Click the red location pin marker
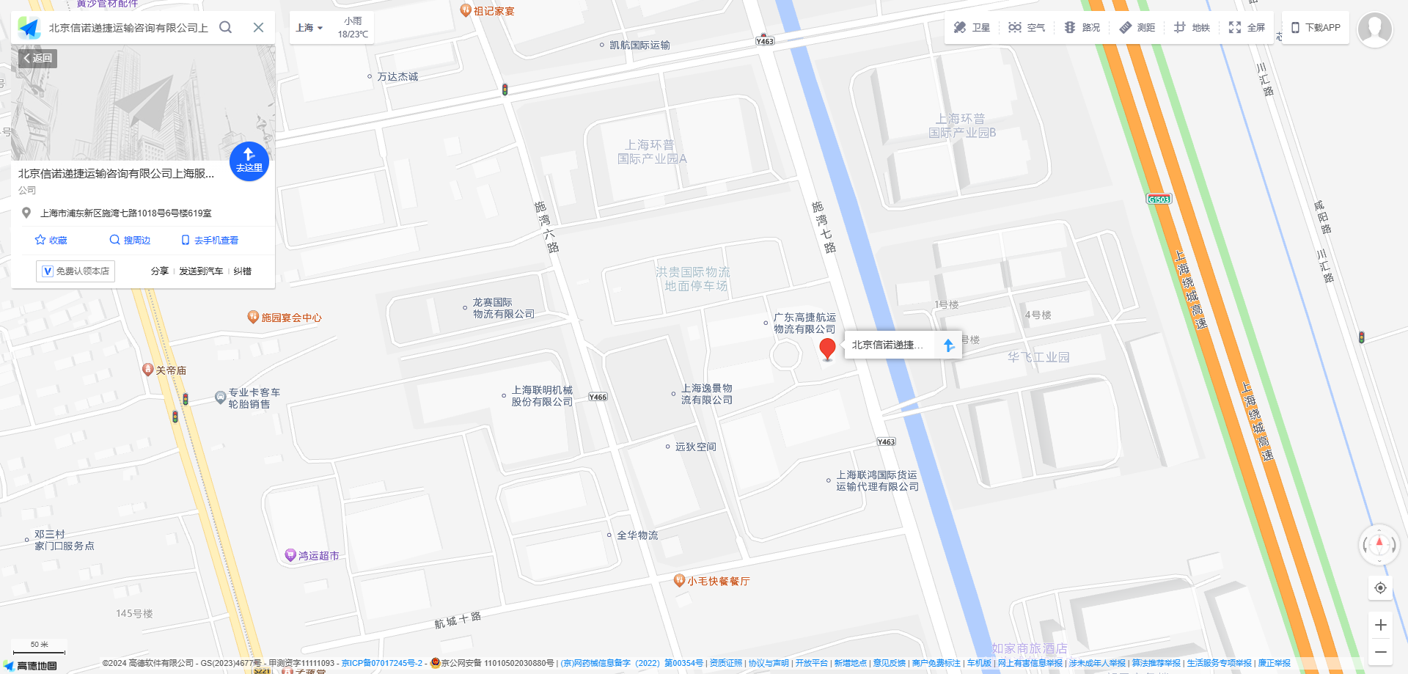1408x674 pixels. click(827, 348)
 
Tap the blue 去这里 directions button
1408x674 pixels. click(249, 161)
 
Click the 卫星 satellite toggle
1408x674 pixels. click(972, 28)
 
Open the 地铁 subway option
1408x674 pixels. click(1192, 28)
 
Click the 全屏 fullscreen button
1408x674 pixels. click(1247, 28)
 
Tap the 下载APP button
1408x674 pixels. click(1316, 28)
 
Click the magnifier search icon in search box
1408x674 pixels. click(226, 28)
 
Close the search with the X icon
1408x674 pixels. click(258, 28)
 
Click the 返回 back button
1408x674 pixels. click(38, 59)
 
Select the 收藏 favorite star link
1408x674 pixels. click(51, 241)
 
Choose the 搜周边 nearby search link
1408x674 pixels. click(130, 241)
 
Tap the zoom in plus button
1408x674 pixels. click(1380, 625)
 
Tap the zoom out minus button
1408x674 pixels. click(1380, 652)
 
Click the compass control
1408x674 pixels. click(1379, 544)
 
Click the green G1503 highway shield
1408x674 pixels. click(1159, 199)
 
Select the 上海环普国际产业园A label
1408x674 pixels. click(652, 152)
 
